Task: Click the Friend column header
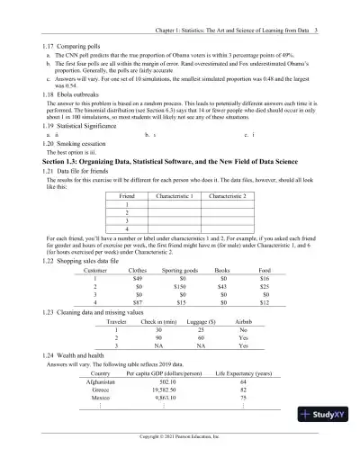(127, 195)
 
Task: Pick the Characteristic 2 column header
(231, 195)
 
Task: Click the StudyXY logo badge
(327, 415)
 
